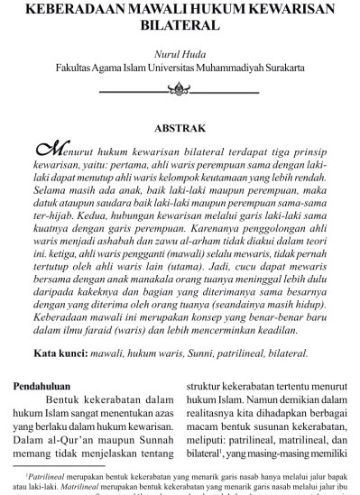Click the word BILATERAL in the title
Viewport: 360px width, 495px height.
click(180, 28)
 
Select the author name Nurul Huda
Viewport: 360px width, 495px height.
click(180, 53)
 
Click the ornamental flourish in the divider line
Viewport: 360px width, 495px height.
click(180, 89)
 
